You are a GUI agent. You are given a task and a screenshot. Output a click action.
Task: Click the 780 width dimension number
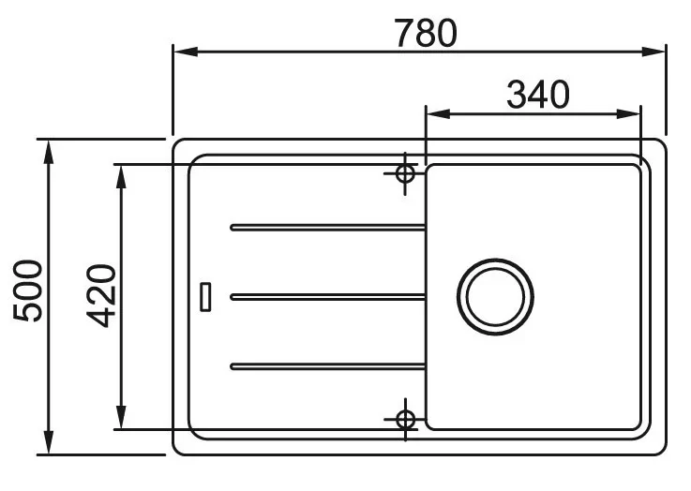[x=426, y=33]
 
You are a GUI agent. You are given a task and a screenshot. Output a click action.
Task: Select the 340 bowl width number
[x=538, y=95]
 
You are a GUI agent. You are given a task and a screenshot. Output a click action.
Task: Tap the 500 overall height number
[x=28, y=290]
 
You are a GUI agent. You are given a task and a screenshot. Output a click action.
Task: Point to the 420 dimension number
[x=101, y=295]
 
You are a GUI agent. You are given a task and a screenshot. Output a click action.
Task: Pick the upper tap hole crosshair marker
[x=405, y=173]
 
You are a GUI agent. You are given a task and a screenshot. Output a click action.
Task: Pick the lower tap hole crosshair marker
[x=405, y=419]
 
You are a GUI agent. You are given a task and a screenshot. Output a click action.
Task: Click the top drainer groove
[x=327, y=227]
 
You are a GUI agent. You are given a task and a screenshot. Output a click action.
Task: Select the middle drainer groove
[x=327, y=297]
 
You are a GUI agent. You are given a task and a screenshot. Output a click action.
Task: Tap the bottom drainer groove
[x=327, y=366]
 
